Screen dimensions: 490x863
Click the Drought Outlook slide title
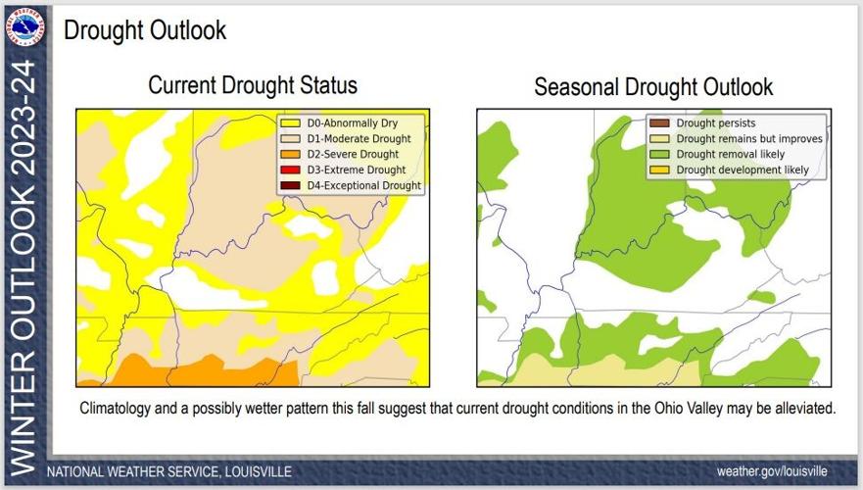[145, 30]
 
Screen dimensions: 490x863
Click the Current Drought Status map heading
[252, 86]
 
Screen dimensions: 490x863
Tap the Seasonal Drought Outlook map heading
[653, 87]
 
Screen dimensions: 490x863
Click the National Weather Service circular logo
[24, 26]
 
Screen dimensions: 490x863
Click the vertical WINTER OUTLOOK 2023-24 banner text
[25, 265]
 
